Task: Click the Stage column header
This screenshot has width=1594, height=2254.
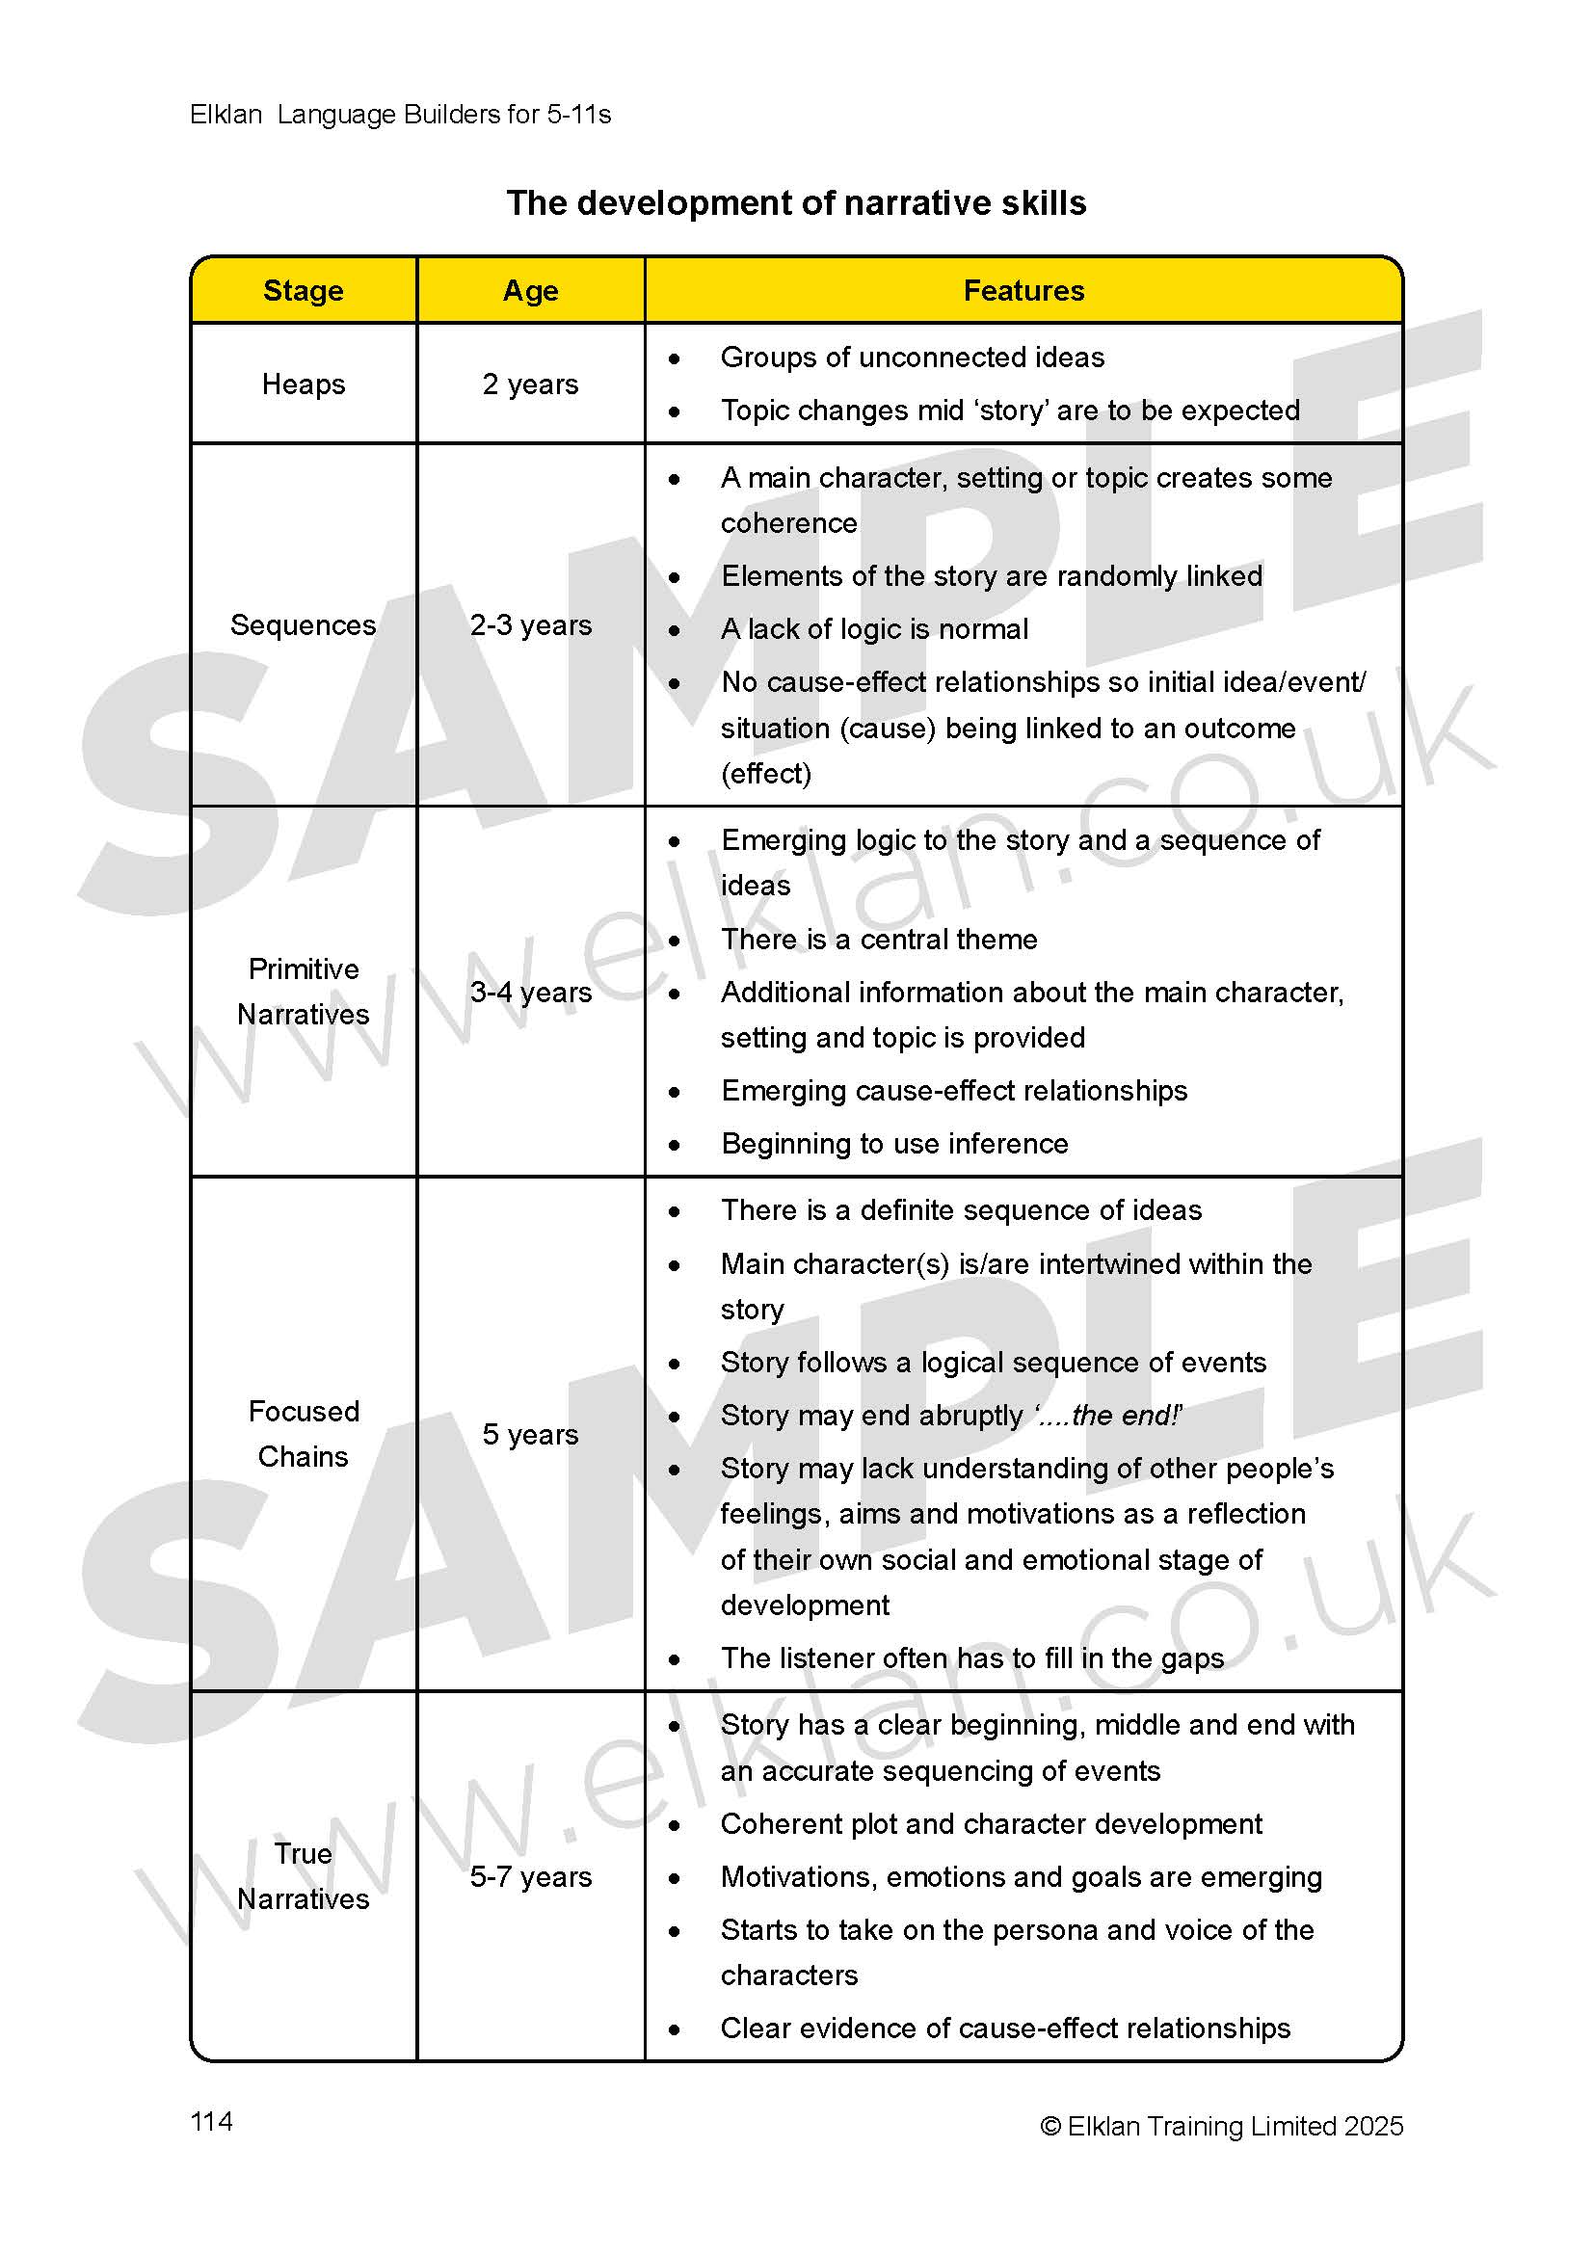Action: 304,291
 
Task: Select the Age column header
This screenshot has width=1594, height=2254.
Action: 530,291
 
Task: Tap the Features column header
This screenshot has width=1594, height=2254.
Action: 1023,291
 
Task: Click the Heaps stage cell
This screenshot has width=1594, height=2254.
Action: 304,384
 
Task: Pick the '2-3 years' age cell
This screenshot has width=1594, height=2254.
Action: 530,625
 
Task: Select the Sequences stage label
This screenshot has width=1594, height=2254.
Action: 304,625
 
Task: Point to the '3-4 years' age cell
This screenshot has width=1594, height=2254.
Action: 530,993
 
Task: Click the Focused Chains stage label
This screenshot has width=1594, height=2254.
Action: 304,1433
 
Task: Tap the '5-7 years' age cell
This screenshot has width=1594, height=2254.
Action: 530,1877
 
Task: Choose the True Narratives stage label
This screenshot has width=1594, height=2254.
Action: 304,1876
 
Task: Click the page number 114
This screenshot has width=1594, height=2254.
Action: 211,2121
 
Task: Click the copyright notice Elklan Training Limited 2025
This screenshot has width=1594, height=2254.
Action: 1221,2126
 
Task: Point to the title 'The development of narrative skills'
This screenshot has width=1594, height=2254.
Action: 796,203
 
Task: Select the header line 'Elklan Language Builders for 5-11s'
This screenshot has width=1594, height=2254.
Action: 400,115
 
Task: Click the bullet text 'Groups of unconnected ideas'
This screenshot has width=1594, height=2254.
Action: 912,358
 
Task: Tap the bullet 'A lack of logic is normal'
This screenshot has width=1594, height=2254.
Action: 873,629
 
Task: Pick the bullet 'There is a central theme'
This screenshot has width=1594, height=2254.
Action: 879,940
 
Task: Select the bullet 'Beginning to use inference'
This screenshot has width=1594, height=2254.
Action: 894,1144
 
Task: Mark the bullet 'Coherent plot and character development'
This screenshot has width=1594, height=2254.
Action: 991,1824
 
